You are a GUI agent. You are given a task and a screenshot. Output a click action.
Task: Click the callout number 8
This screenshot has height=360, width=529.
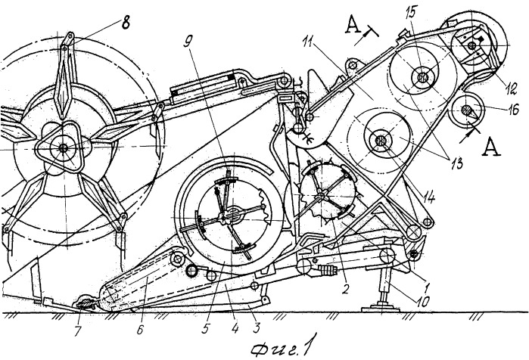tap(125, 24)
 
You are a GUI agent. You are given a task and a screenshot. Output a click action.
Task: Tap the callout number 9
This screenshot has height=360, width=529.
tap(188, 43)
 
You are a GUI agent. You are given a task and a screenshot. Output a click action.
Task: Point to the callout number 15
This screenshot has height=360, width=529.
tap(412, 11)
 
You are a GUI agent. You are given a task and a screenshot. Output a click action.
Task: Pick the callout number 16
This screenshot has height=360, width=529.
tap(513, 110)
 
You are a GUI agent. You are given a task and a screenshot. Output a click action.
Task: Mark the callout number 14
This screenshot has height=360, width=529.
tap(428, 197)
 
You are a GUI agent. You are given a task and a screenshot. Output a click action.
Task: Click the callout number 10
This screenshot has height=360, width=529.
tap(422, 301)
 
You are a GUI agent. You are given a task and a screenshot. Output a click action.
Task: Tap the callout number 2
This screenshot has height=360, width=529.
tap(345, 288)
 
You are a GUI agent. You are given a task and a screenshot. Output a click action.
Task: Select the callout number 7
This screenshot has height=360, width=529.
tap(78, 331)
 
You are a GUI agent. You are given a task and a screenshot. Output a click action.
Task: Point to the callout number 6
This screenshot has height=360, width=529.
tap(140, 330)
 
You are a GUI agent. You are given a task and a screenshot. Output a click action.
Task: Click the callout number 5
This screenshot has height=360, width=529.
tap(205, 328)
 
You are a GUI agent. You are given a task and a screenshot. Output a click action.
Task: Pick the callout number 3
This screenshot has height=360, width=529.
tap(257, 327)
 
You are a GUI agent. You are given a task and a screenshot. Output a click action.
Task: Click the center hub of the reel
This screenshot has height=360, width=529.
tap(63, 147)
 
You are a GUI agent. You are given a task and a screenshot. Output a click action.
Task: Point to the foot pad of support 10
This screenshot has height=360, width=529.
tap(381, 309)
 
